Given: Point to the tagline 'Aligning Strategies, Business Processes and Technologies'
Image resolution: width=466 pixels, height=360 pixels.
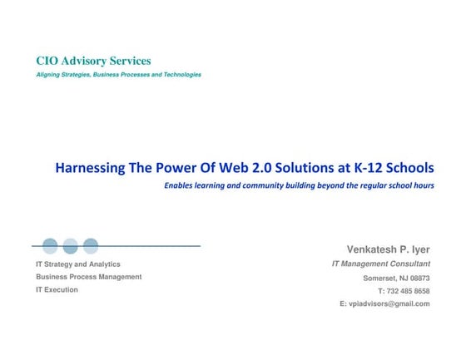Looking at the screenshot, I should point(118,75).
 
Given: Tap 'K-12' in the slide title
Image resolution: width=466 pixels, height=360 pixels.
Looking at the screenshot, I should point(368,168).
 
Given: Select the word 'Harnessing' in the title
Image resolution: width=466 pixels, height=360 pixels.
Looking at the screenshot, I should point(89,168).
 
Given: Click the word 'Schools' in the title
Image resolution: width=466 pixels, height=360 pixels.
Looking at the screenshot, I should point(412,168).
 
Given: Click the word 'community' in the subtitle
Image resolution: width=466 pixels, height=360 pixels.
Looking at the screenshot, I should point(263,185).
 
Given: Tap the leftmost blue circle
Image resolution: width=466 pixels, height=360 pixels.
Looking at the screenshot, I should point(50,246).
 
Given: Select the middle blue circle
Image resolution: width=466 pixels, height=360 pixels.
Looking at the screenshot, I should point(71,246).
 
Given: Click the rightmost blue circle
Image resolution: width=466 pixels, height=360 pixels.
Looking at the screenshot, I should point(91,246).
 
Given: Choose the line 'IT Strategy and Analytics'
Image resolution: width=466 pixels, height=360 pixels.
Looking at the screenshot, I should point(77,264).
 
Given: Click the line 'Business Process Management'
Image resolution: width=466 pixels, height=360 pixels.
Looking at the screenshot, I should point(88,277).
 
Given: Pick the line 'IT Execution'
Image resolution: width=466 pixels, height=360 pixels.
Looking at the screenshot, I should point(57,290).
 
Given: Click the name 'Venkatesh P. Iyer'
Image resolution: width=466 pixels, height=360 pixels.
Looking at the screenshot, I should point(388,249).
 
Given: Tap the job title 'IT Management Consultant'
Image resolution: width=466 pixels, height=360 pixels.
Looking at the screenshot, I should point(380,264).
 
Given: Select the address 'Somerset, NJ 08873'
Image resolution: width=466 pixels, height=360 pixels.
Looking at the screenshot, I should point(396,278).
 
